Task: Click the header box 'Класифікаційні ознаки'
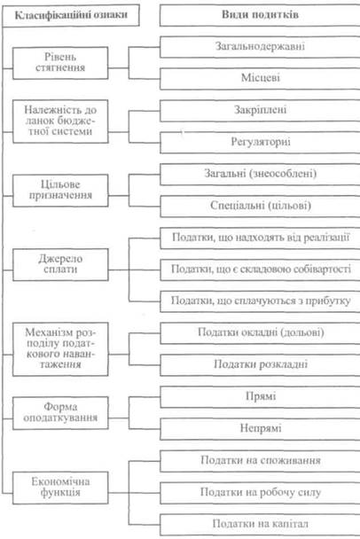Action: click(x=71, y=15)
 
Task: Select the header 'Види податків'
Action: click(x=260, y=15)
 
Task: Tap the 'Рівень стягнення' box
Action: click(x=60, y=63)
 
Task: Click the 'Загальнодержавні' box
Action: click(x=260, y=47)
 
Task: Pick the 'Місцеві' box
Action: click(x=260, y=78)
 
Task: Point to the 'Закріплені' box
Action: click(x=260, y=110)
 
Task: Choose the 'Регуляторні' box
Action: click(x=260, y=143)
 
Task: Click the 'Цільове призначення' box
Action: click(x=60, y=191)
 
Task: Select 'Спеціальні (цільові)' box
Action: click(x=260, y=206)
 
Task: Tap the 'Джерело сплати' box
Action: click(x=60, y=264)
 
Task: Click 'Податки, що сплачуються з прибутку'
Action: click(x=260, y=301)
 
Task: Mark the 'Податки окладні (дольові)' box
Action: click(x=260, y=332)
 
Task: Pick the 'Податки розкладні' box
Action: click(x=260, y=364)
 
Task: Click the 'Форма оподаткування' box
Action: click(x=60, y=413)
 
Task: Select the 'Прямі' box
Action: click(x=260, y=396)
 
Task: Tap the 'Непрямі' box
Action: click(x=260, y=429)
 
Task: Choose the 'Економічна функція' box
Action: click(x=60, y=488)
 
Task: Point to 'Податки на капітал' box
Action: click(x=260, y=524)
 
